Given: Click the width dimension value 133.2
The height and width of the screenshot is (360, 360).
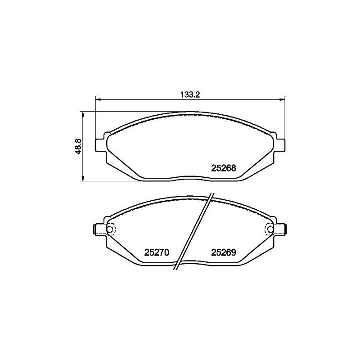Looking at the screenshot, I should point(190,94).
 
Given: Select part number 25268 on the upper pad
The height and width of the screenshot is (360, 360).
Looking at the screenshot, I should point(224,168).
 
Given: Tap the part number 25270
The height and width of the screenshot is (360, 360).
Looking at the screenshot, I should point(156,252).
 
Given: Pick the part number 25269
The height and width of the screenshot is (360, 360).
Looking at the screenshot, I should point(224,252).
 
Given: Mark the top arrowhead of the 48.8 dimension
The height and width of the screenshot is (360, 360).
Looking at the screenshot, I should point(83,114).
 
